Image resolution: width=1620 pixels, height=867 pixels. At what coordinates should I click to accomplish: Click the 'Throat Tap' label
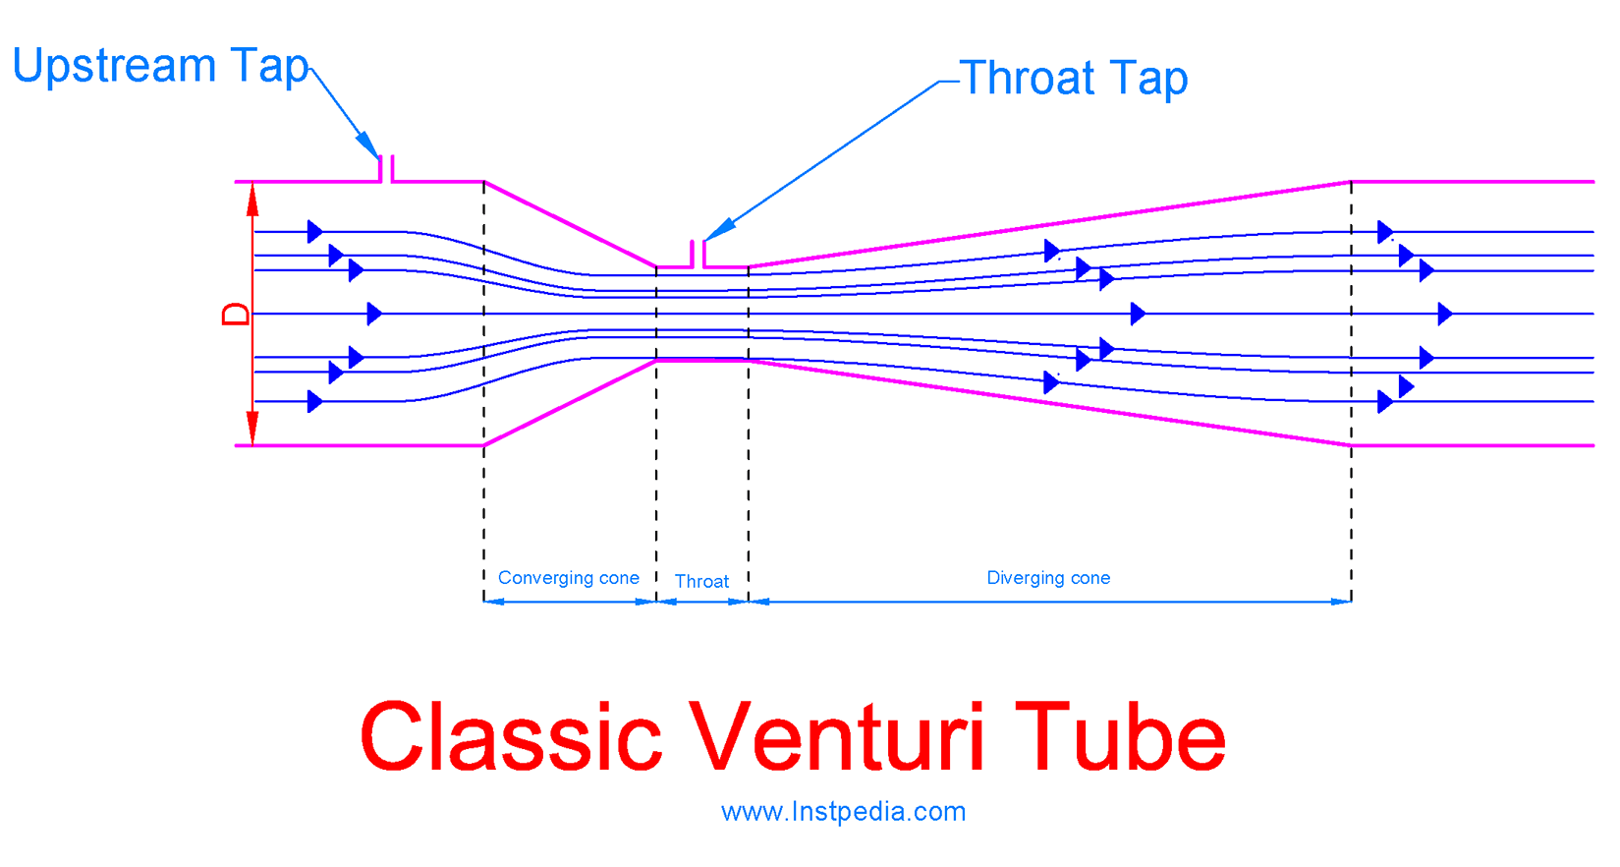pyautogui.click(x=1074, y=79)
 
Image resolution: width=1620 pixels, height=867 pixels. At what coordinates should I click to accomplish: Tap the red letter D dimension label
pyautogui.click(x=236, y=315)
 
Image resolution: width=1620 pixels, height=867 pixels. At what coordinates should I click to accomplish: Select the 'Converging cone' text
pyautogui.click(x=569, y=578)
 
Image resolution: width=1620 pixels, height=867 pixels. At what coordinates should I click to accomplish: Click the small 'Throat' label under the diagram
pyautogui.click(x=701, y=581)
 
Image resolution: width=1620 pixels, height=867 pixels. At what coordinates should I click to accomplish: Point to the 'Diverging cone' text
pyautogui.click(x=1048, y=578)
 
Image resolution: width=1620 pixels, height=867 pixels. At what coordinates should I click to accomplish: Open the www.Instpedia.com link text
pyautogui.click(x=843, y=812)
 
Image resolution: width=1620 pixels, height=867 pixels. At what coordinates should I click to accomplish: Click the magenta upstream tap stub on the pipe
pyautogui.click(x=386, y=169)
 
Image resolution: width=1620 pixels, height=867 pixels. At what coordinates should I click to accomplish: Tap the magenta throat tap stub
pyautogui.click(x=698, y=254)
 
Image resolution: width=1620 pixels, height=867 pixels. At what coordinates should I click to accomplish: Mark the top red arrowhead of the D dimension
pyautogui.click(x=252, y=200)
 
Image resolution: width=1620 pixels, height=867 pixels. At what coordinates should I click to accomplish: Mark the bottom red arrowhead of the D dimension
pyautogui.click(x=252, y=428)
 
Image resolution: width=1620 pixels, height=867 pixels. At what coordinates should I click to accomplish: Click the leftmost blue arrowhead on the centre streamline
pyautogui.click(x=374, y=315)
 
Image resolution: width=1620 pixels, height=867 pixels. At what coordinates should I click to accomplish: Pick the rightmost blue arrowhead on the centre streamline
pyautogui.click(x=1445, y=315)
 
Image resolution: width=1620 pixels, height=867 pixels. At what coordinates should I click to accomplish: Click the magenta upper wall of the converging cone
pyautogui.click(x=570, y=224)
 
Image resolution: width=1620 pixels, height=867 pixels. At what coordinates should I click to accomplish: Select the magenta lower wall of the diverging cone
pyautogui.click(x=1049, y=403)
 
